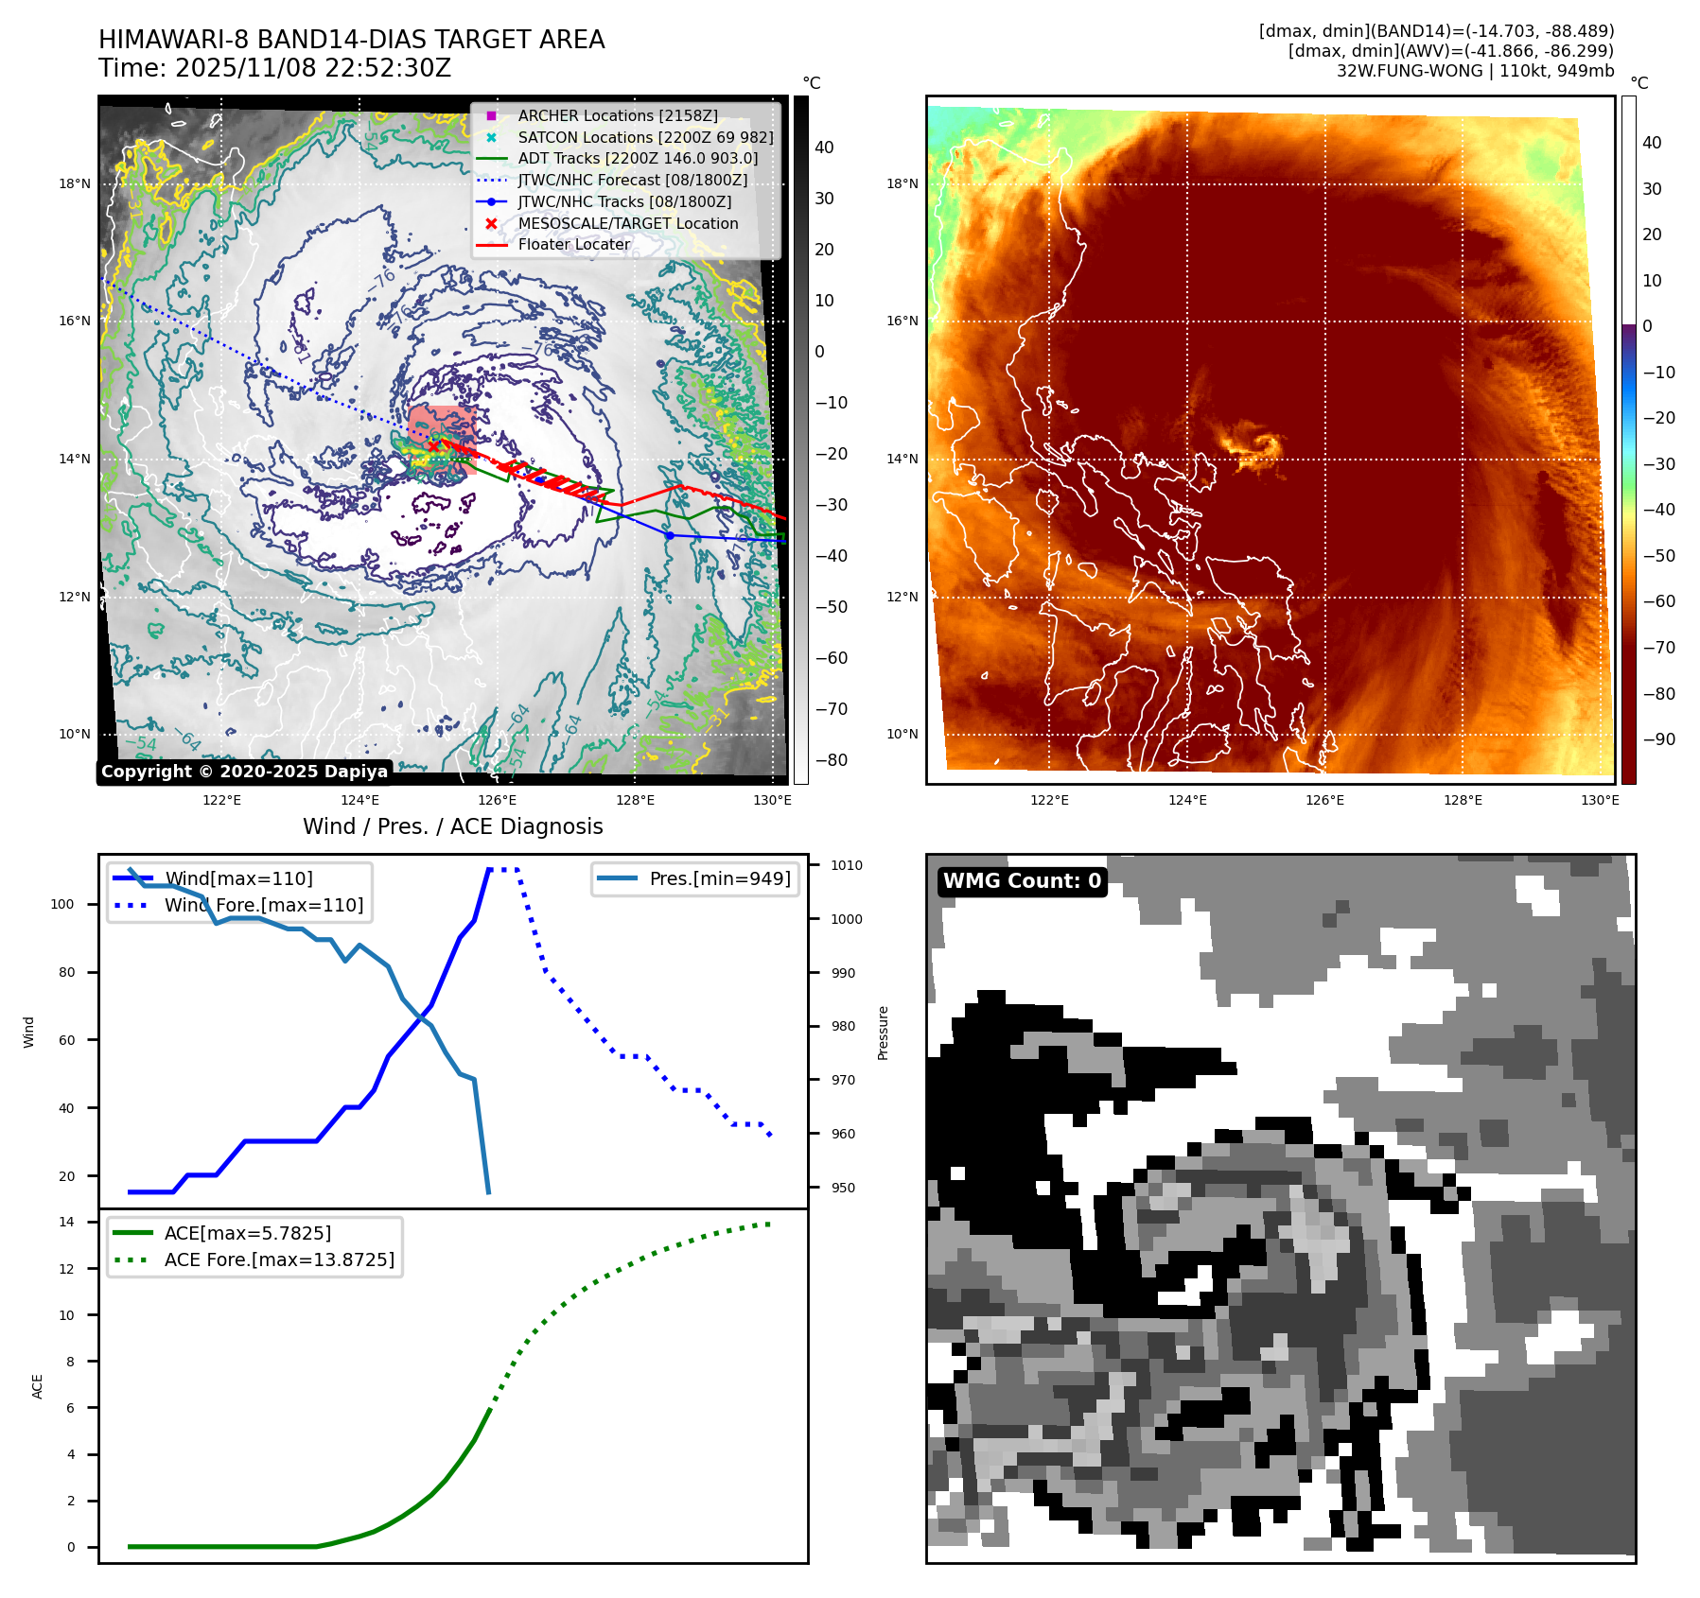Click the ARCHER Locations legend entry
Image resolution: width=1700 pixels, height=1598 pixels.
(617, 115)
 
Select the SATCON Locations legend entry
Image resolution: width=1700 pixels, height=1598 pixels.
(645, 137)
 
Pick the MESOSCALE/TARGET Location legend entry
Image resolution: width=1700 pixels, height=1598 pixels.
(627, 223)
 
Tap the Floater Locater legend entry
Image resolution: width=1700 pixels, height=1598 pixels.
(573, 244)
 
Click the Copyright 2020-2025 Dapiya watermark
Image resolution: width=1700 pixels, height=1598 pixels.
(244, 772)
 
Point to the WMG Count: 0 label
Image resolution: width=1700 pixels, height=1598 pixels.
(1022, 881)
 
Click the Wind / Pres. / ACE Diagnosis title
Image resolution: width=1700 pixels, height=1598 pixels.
(452, 826)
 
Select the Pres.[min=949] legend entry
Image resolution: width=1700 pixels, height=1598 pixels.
(719, 878)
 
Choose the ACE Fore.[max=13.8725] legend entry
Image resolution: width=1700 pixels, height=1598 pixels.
(279, 1259)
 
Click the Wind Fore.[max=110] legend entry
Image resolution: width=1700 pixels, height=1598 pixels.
(263, 905)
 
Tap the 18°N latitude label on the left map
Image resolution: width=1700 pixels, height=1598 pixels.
(75, 183)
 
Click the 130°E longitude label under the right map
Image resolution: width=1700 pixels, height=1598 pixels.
(1600, 800)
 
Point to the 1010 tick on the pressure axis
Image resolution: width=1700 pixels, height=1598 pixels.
(847, 865)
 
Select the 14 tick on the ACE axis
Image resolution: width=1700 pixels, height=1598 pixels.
(66, 1222)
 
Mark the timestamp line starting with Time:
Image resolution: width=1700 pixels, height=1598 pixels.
(274, 68)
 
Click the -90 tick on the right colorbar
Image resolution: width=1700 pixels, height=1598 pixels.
(1658, 739)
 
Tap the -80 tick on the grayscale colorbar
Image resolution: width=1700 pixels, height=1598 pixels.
(832, 760)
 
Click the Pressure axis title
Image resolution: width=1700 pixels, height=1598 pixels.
(883, 1033)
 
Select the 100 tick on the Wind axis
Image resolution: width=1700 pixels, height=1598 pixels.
(61, 904)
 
